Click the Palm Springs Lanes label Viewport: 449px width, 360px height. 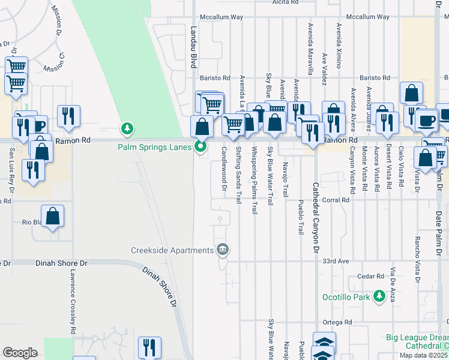(155, 146)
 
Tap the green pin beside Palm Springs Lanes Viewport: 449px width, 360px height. (201, 146)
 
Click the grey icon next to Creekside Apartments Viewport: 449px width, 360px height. (222, 249)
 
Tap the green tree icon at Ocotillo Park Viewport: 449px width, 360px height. (379, 296)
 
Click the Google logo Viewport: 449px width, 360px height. (20, 353)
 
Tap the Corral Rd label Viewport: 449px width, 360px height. (336, 200)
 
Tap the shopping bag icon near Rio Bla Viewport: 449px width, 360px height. (53, 217)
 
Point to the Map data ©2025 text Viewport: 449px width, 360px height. (424, 355)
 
